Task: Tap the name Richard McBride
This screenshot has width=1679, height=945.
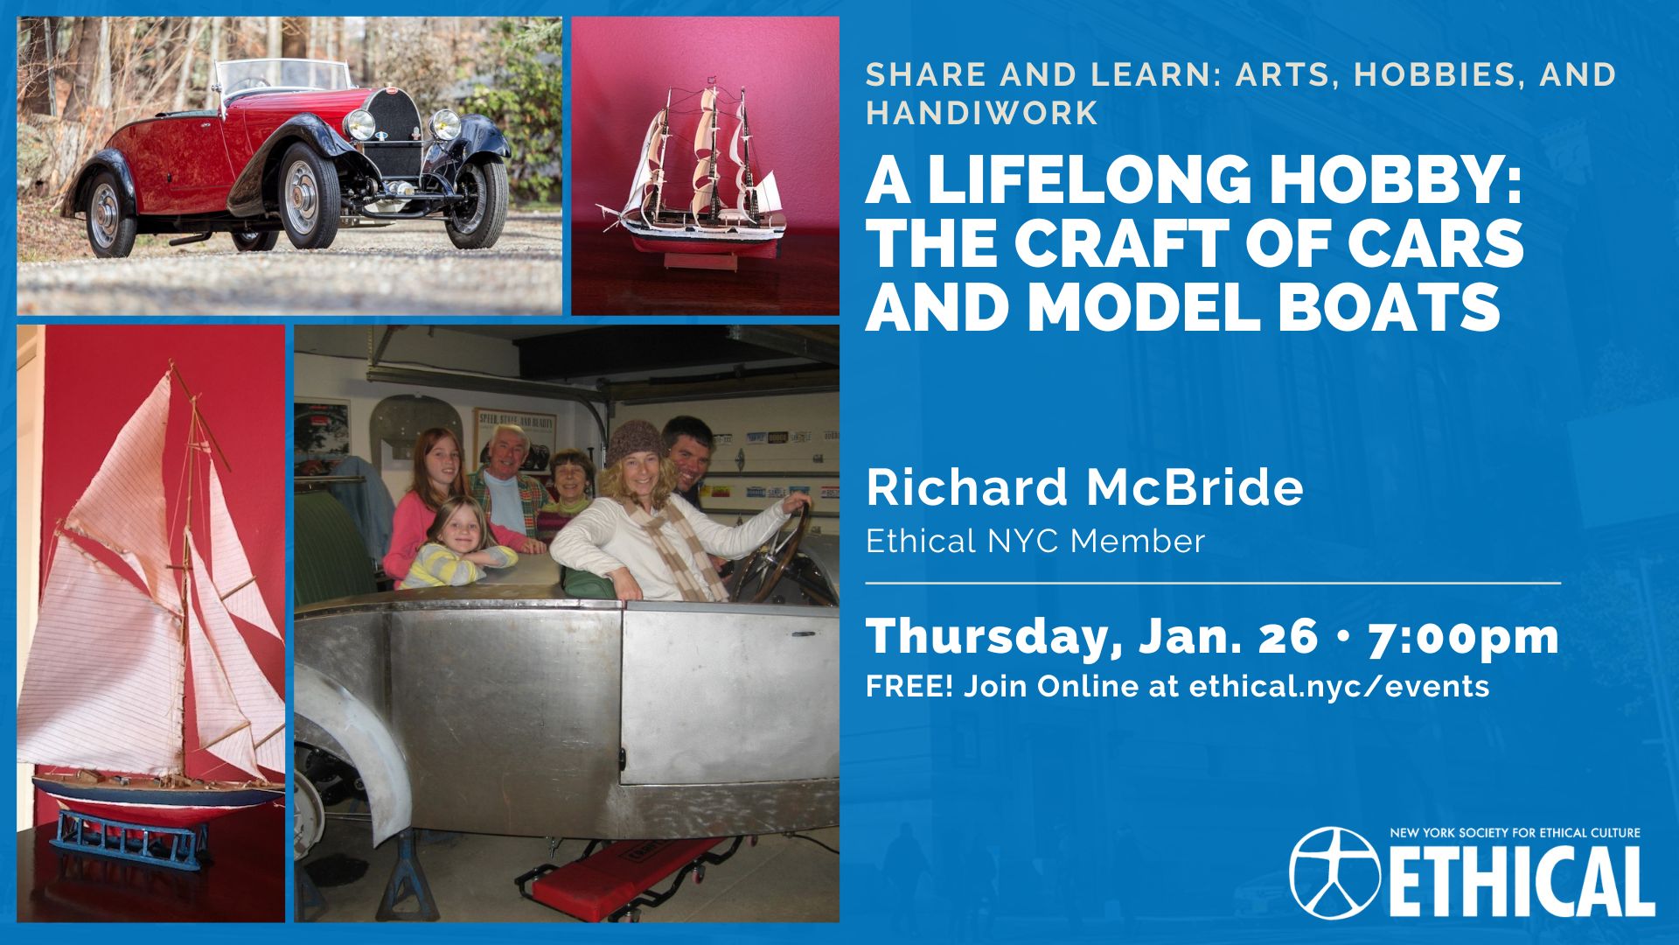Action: click(x=1084, y=487)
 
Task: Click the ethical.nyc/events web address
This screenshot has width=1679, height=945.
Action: click(x=1339, y=686)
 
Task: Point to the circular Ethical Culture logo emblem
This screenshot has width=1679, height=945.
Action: click(x=1334, y=871)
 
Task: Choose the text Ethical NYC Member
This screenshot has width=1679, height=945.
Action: click(x=1035, y=542)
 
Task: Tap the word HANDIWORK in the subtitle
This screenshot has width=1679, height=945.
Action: click(x=982, y=113)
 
